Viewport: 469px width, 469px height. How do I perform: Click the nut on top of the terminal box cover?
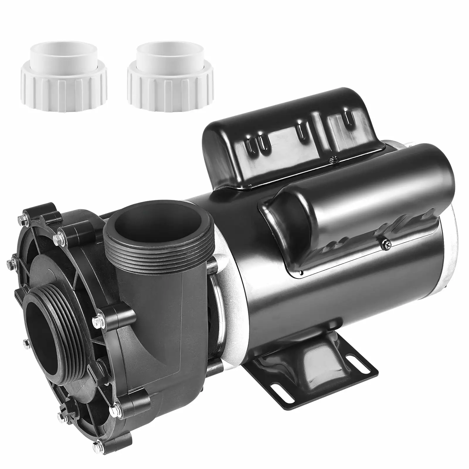pos(332,160)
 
